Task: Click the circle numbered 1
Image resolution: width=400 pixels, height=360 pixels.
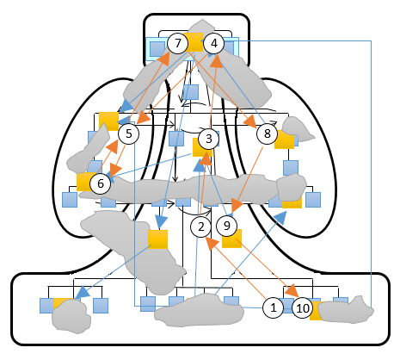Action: pyautogui.click(x=274, y=307)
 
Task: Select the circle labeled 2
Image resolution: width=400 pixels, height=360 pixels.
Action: pyautogui.click(x=201, y=227)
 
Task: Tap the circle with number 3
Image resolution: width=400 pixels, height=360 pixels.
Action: pyautogui.click(x=208, y=139)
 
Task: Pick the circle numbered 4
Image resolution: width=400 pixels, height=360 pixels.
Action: pyautogui.click(x=214, y=43)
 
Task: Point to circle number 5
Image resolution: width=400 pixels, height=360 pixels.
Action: pyautogui.click(x=129, y=133)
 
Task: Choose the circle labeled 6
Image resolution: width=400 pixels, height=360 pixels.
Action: pyautogui.click(x=101, y=183)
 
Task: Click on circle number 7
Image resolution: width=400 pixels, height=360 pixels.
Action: pyautogui.click(x=178, y=43)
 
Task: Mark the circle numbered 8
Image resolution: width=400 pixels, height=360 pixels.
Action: pyautogui.click(x=267, y=133)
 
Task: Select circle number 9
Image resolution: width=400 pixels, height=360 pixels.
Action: pyautogui.click(x=226, y=226)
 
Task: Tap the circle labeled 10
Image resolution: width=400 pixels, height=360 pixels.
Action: pyautogui.click(x=303, y=308)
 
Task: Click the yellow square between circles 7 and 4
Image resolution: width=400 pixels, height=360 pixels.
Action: pyautogui.click(x=194, y=42)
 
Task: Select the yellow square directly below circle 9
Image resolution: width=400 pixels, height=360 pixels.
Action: pyautogui.click(x=231, y=239)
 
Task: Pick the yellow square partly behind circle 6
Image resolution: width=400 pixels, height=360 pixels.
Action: pyautogui.click(x=86, y=182)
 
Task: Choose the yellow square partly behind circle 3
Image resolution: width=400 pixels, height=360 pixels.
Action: pyautogui.click(x=202, y=147)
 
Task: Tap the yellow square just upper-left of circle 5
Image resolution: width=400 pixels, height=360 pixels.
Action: pyautogui.click(x=108, y=121)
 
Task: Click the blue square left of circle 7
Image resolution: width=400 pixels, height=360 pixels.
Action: pyautogui.click(x=157, y=49)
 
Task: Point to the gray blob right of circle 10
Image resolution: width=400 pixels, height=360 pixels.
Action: pyautogui.click(x=346, y=311)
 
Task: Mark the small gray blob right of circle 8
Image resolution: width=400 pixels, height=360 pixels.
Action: pyautogui.click(x=297, y=129)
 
